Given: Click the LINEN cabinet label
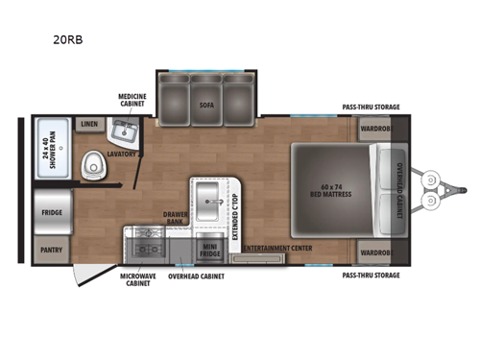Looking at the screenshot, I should pyautogui.click(x=90, y=124).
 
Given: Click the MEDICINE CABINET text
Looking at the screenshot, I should pyautogui.click(x=132, y=101).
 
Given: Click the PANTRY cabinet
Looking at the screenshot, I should pyautogui.click(x=51, y=247).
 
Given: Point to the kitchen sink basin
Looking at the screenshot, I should pyautogui.click(x=208, y=203).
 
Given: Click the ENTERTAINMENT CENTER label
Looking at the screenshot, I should pyautogui.click(x=279, y=249).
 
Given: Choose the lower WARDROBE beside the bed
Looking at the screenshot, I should pyautogui.click(x=373, y=252).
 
